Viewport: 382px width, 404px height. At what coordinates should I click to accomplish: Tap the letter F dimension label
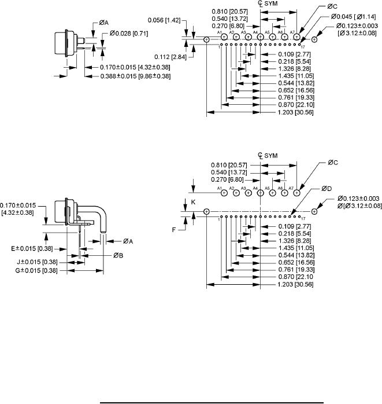click(175, 230)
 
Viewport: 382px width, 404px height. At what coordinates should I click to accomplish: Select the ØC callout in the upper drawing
click(332, 6)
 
